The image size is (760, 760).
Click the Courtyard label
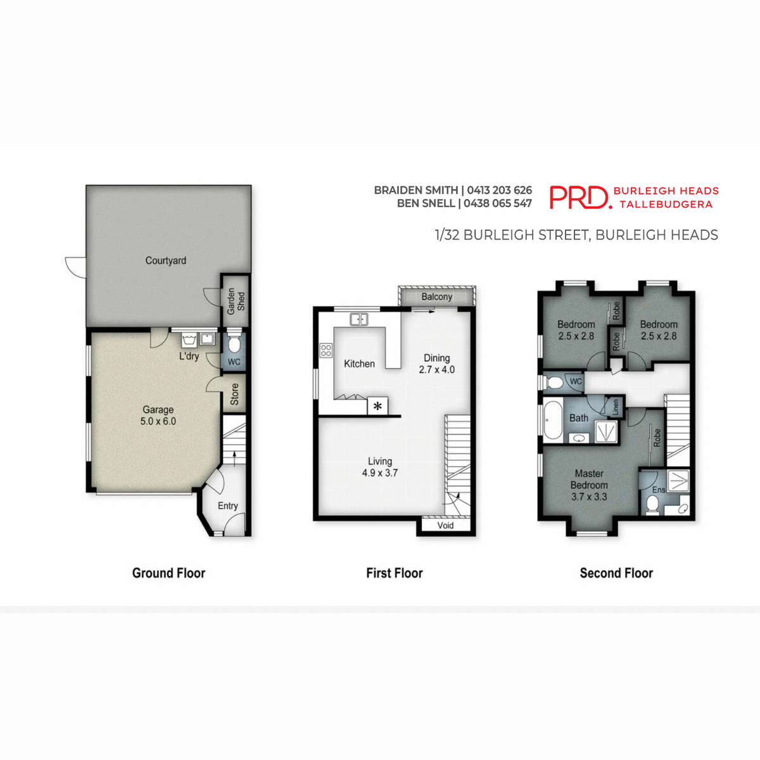pyautogui.click(x=165, y=260)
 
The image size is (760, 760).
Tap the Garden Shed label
pyautogui.click(x=236, y=301)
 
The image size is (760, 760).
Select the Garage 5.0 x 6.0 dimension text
pyautogui.click(x=158, y=421)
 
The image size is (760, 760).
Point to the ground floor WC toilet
pyautogui.click(x=234, y=345)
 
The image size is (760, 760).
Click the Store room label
pyautogui.click(x=235, y=394)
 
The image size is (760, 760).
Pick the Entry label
pyautogui.click(x=227, y=505)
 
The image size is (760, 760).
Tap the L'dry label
pyautogui.click(x=189, y=356)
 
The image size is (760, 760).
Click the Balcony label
pyautogui.click(x=436, y=296)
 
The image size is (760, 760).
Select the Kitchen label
pyautogui.click(x=359, y=364)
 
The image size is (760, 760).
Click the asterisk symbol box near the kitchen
pyautogui.click(x=377, y=406)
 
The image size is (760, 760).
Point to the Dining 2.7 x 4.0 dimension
pyautogui.click(x=436, y=370)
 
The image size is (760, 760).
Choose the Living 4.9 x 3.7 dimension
pyautogui.click(x=379, y=473)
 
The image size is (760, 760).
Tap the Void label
pyautogui.click(x=445, y=525)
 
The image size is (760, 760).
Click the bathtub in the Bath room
pyautogui.click(x=552, y=419)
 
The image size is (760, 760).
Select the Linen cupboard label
pyautogui.click(x=615, y=407)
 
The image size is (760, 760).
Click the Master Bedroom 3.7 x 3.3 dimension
pyautogui.click(x=589, y=497)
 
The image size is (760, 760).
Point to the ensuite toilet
pyautogui.click(x=652, y=505)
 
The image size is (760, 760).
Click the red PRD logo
pyautogui.click(x=579, y=197)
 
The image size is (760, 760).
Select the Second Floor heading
pyautogui.click(x=616, y=573)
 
